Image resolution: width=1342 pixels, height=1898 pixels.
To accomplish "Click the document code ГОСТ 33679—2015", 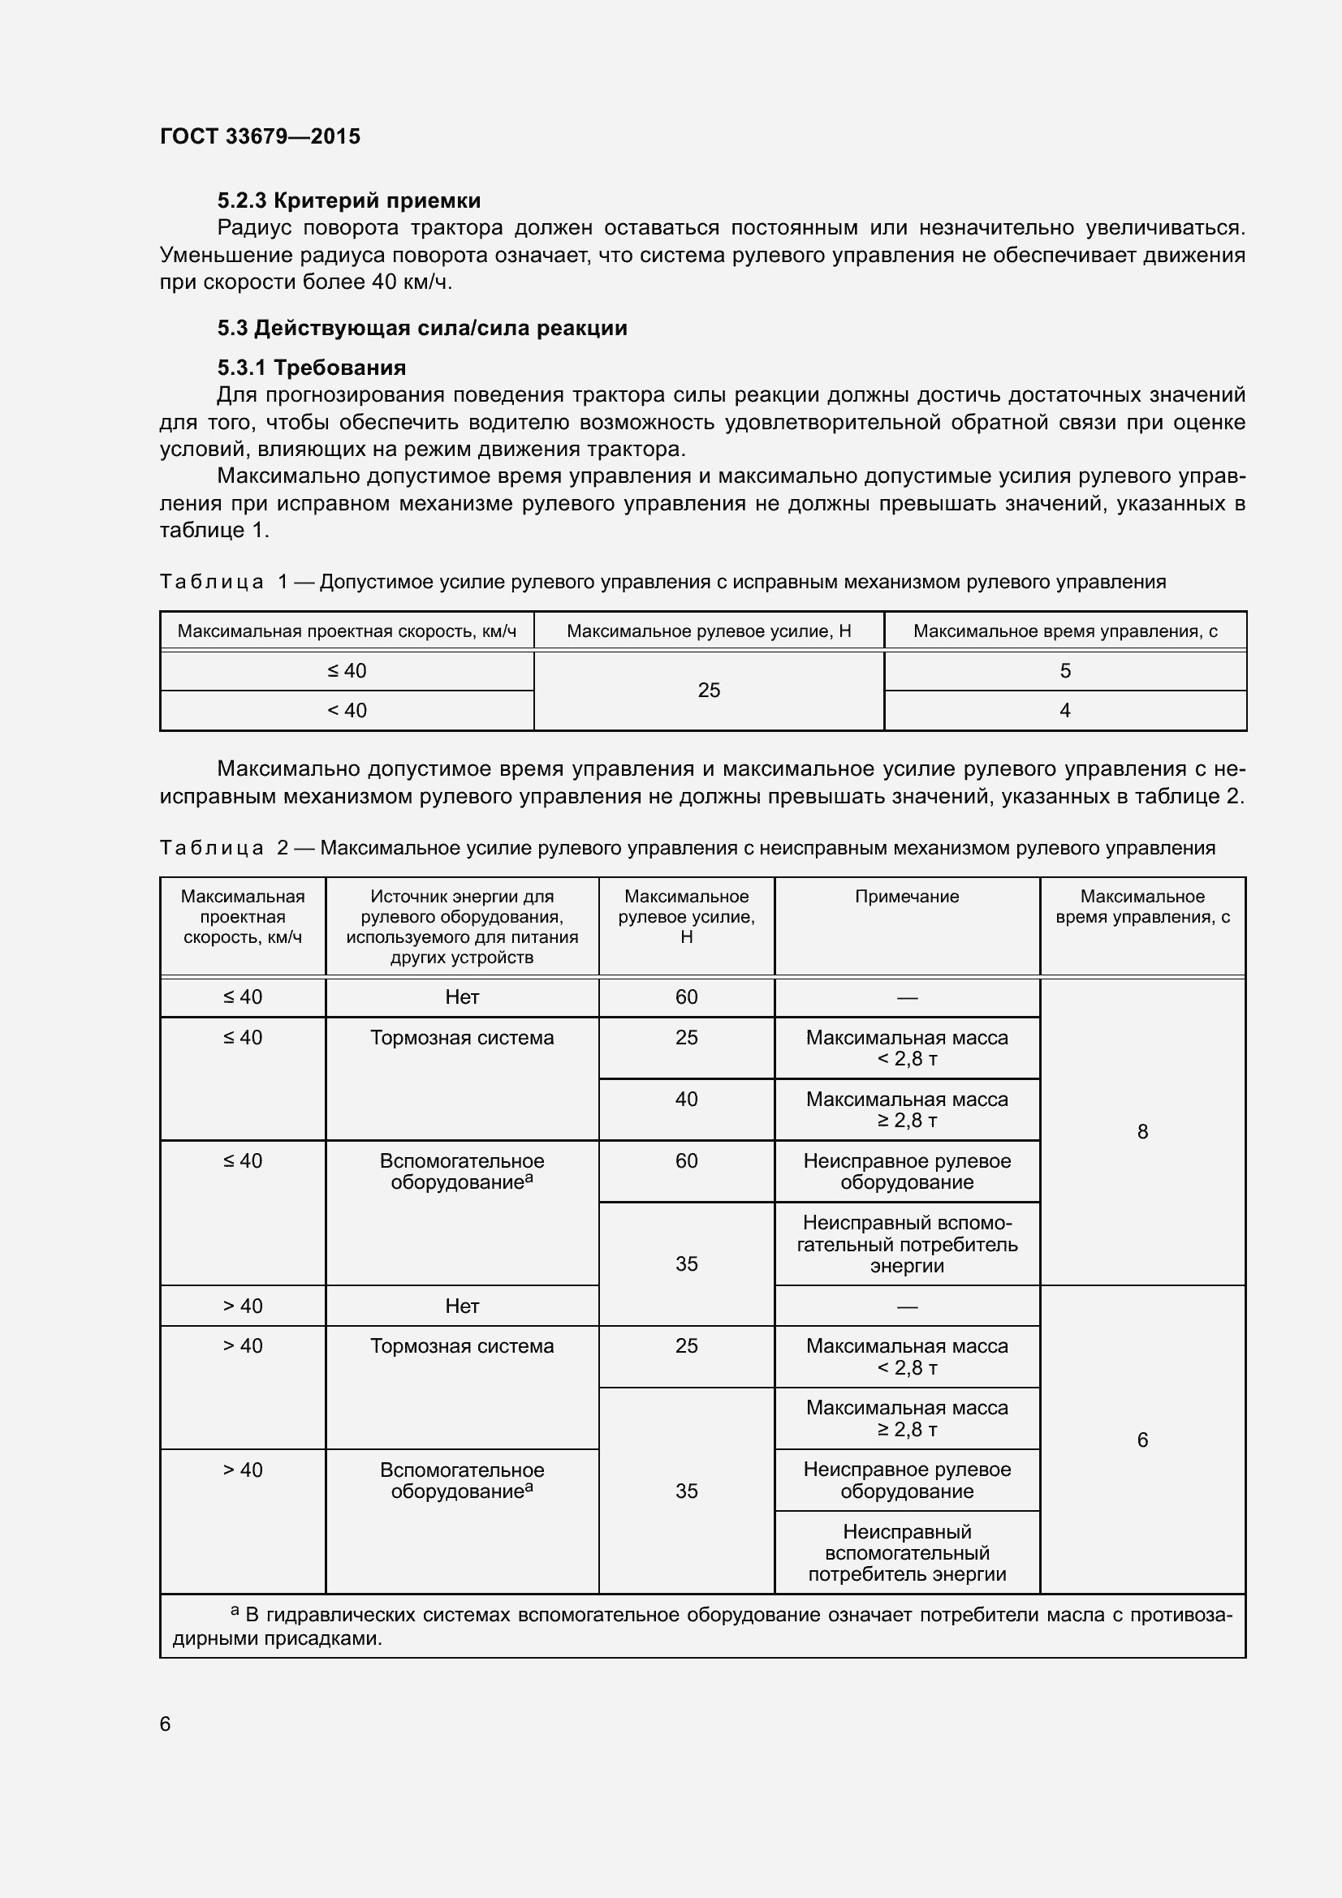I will coord(260,136).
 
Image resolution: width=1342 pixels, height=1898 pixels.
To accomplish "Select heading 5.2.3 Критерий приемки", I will coord(348,201).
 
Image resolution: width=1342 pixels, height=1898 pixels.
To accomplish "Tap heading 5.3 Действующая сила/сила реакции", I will coord(421,328).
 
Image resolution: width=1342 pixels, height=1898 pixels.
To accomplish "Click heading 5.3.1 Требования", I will coord(312,368).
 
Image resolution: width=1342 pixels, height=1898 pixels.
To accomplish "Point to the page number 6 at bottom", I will coord(166,1724).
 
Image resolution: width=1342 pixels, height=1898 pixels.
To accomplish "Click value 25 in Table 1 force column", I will coord(709,691).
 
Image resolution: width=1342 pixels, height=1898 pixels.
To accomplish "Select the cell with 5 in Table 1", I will coord(1064,671).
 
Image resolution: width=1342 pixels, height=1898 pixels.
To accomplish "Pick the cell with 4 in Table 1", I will coord(1064,710).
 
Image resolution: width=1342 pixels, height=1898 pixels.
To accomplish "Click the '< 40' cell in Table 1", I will coord(347,710).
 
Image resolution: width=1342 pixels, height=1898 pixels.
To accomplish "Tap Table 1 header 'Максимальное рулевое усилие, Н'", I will coord(709,631).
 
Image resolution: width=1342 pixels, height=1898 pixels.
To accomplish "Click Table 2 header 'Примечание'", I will coord(906,897).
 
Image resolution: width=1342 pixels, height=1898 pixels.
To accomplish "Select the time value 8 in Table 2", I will coord(1142,1132).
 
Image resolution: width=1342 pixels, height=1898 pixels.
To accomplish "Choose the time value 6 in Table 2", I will coord(1142,1440).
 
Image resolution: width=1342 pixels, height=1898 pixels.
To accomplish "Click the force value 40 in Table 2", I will coord(686,1100).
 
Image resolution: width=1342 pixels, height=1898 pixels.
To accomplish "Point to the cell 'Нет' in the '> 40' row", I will coord(461,1306).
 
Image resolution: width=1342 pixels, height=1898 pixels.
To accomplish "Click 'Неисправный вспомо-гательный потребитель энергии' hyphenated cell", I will coord(906,1244).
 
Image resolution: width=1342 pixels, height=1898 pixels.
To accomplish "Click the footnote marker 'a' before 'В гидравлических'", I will coord(235,1610).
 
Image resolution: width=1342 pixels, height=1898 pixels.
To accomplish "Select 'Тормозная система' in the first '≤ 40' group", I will coord(461,1039).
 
